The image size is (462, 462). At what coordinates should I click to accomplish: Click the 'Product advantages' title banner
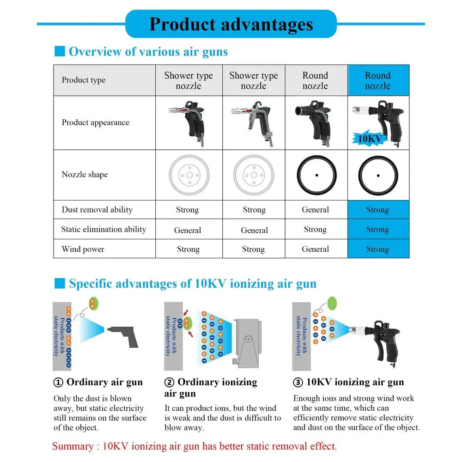click(231, 24)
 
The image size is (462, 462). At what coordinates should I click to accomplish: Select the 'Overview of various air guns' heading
click(148, 51)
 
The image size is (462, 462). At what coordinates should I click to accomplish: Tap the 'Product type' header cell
click(84, 80)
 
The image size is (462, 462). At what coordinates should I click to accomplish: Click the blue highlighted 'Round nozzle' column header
click(378, 80)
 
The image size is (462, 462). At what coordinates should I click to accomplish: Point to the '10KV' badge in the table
click(370, 138)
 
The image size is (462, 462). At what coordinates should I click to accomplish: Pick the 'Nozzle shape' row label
click(85, 175)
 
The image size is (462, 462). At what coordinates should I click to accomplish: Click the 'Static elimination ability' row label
click(103, 229)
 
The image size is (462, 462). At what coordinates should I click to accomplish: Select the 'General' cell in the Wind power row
click(316, 249)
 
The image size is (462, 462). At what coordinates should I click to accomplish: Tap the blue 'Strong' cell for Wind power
click(377, 249)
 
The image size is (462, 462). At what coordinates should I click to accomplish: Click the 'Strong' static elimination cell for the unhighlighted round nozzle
click(316, 229)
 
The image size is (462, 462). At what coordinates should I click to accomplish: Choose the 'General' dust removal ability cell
click(316, 210)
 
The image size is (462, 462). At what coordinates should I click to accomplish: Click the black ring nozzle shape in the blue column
click(378, 175)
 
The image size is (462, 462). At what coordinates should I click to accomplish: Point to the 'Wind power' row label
click(83, 249)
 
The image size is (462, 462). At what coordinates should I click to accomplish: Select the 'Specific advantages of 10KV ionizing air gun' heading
click(192, 283)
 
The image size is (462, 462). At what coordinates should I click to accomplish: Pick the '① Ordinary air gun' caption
click(98, 382)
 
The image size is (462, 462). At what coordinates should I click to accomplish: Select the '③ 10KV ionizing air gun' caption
click(349, 382)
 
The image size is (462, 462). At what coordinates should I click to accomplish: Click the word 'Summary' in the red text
click(73, 446)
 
